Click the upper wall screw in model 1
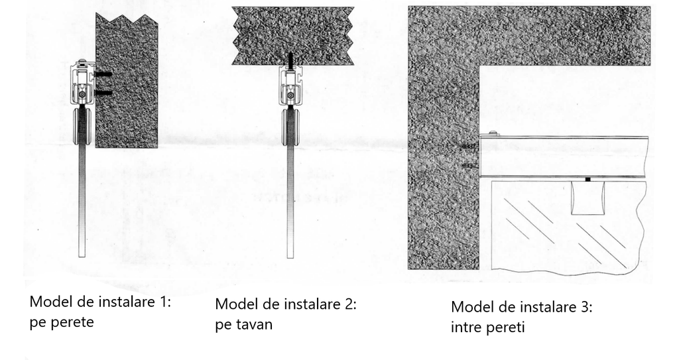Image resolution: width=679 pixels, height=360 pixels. (x=103, y=72)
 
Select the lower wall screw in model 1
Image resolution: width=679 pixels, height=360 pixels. (x=103, y=93)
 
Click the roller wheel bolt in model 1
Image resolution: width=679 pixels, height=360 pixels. (x=82, y=95)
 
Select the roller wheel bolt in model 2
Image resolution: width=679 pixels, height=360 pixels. (x=290, y=95)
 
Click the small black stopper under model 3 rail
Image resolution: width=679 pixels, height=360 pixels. (x=587, y=179)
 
